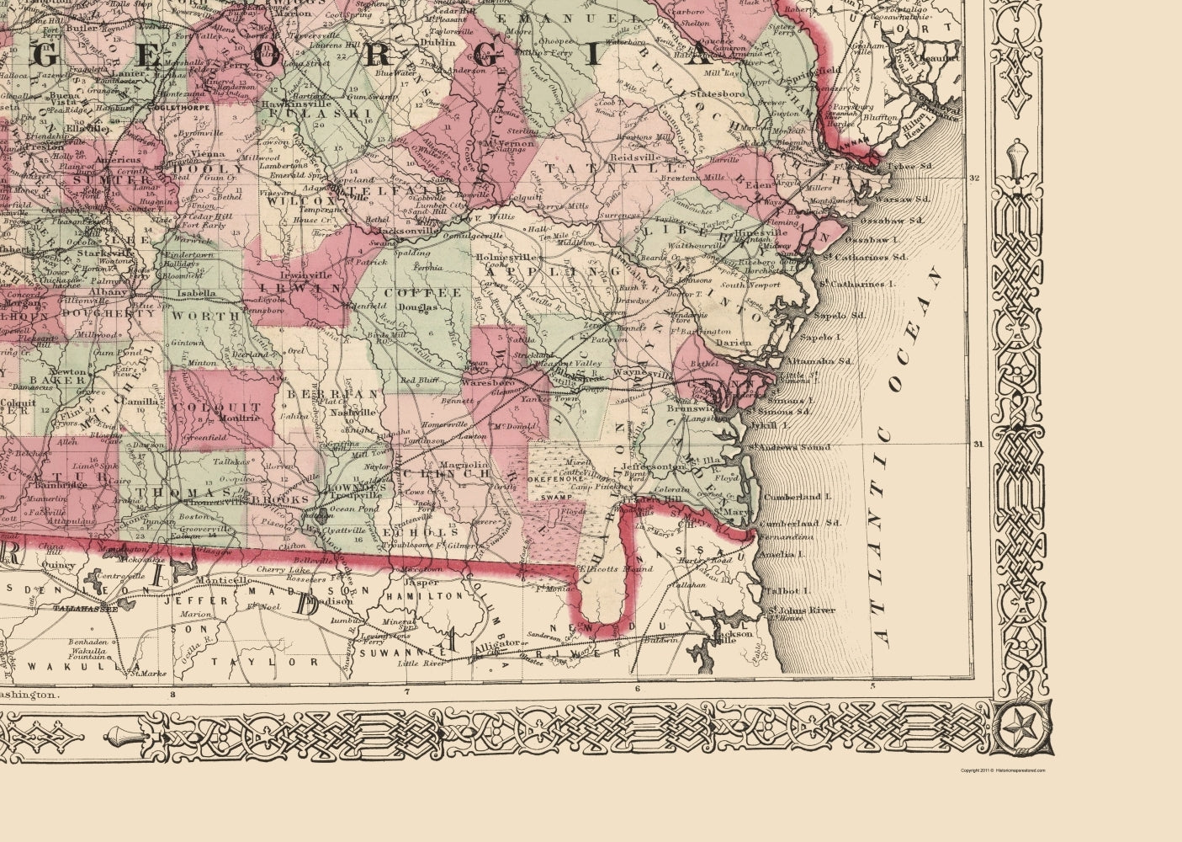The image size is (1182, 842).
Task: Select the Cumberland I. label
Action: tap(794, 498)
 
